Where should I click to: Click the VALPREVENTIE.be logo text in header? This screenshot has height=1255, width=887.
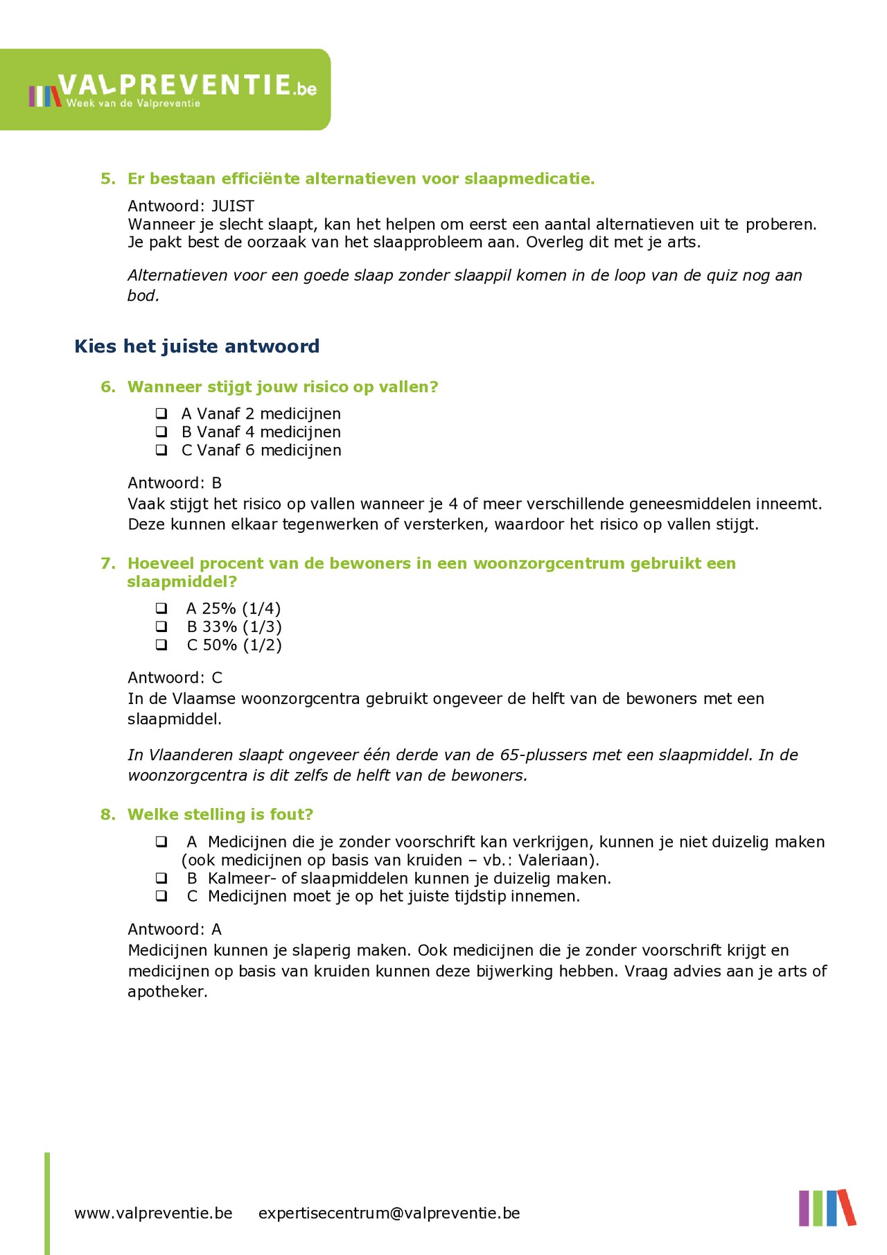point(187,85)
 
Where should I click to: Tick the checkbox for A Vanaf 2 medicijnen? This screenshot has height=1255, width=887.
point(161,414)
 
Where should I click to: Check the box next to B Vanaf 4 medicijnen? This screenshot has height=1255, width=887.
point(161,432)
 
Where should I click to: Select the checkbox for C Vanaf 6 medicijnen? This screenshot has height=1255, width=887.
point(161,450)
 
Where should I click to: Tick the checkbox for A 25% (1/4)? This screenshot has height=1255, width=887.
point(161,608)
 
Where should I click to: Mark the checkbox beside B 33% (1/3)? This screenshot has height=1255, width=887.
point(161,626)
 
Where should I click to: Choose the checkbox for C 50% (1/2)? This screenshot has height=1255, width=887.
point(161,644)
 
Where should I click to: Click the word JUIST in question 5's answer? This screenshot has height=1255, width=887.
point(233,206)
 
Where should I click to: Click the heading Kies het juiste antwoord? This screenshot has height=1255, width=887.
point(197,346)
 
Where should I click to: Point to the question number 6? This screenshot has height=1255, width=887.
point(107,387)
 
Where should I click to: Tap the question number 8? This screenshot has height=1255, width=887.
point(107,814)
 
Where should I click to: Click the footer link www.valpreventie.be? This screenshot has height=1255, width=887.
point(153,1213)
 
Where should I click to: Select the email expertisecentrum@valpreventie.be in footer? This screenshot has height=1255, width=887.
point(389,1213)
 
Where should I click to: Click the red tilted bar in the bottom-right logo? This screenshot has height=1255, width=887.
point(847,1207)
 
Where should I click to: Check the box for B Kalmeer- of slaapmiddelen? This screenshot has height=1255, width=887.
point(161,878)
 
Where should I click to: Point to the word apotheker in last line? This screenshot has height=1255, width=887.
point(166,992)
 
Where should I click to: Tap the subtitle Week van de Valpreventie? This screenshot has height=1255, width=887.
point(133,103)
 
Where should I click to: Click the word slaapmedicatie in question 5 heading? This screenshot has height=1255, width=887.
point(529,179)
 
